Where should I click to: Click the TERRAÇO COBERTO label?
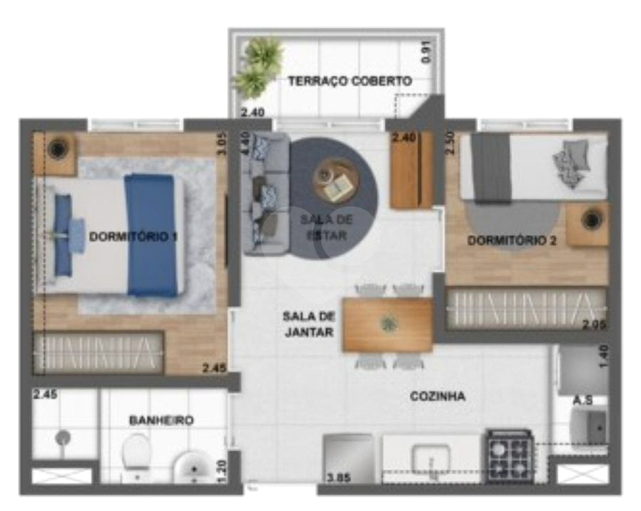pyautogui.click(x=350, y=81)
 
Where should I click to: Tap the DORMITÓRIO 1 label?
pyautogui.click(x=133, y=236)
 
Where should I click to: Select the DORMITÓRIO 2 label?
pyautogui.click(x=511, y=241)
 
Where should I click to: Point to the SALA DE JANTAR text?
pyautogui.click(x=308, y=324)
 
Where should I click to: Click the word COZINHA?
pyautogui.click(x=437, y=397)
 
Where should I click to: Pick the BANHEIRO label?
pyautogui.click(x=161, y=421)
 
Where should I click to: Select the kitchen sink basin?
pyautogui.click(x=431, y=458)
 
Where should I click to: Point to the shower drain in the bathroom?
pyautogui.click(x=63, y=438)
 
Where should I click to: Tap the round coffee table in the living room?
pyautogui.click(x=336, y=180)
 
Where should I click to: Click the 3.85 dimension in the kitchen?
pyautogui.click(x=339, y=477)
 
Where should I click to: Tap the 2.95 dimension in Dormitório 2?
pyautogui.click(x=593, y=325)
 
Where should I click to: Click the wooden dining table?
pyautogui.click(x=388, y=325)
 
